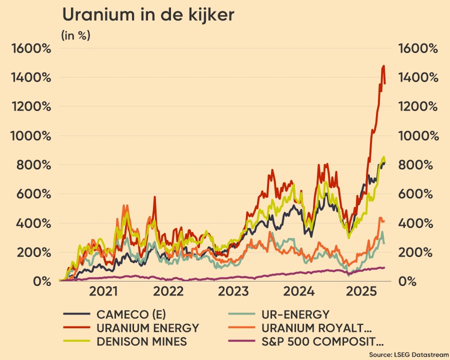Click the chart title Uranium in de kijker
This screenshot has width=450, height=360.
point(148,15)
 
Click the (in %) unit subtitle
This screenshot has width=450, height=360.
point(75,36)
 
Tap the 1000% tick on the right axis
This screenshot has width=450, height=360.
point(417,136)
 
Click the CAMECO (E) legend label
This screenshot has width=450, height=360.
point(132,314)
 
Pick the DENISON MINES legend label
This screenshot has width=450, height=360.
point(143,342)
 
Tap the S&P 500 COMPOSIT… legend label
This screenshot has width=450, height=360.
point(324,342)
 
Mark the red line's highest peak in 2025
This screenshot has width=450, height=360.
point(383,66)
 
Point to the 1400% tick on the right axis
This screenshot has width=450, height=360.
point(417,77)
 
